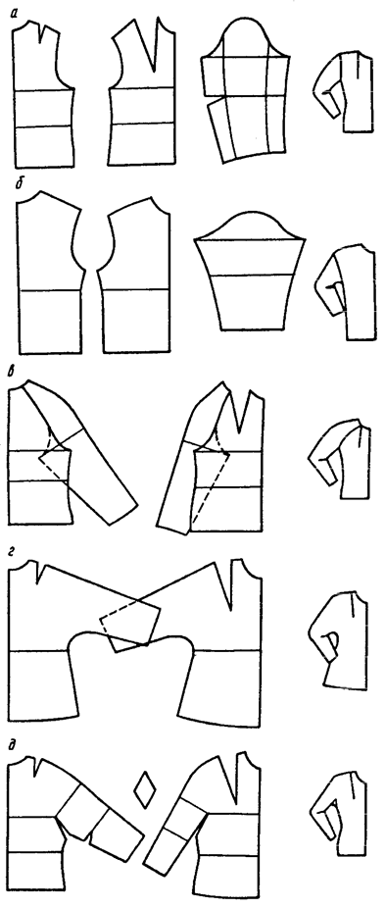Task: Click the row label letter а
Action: [x=14, y=9]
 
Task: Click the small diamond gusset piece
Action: [x=142, y=788]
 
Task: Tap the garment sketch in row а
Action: [x=343, y=91]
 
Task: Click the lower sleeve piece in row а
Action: [x=245, y=128]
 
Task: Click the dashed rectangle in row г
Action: [x=130, y=626]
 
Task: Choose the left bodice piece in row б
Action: [x=50, y=272]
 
